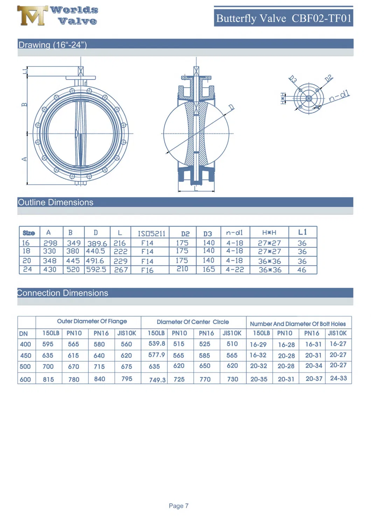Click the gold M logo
32,16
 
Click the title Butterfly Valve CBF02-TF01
283,18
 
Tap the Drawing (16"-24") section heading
52,45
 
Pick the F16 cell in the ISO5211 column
147,270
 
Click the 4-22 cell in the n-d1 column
234,270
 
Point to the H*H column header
269,233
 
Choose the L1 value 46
302,270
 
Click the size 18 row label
27,251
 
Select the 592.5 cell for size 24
96,270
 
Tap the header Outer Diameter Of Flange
92,322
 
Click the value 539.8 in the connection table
156,344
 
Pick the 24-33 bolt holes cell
338,379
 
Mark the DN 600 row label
25,379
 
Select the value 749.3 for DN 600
157,380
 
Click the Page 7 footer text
178,506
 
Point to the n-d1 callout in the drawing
339,96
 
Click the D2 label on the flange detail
328,78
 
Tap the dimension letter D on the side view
231,108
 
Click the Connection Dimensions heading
63,293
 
